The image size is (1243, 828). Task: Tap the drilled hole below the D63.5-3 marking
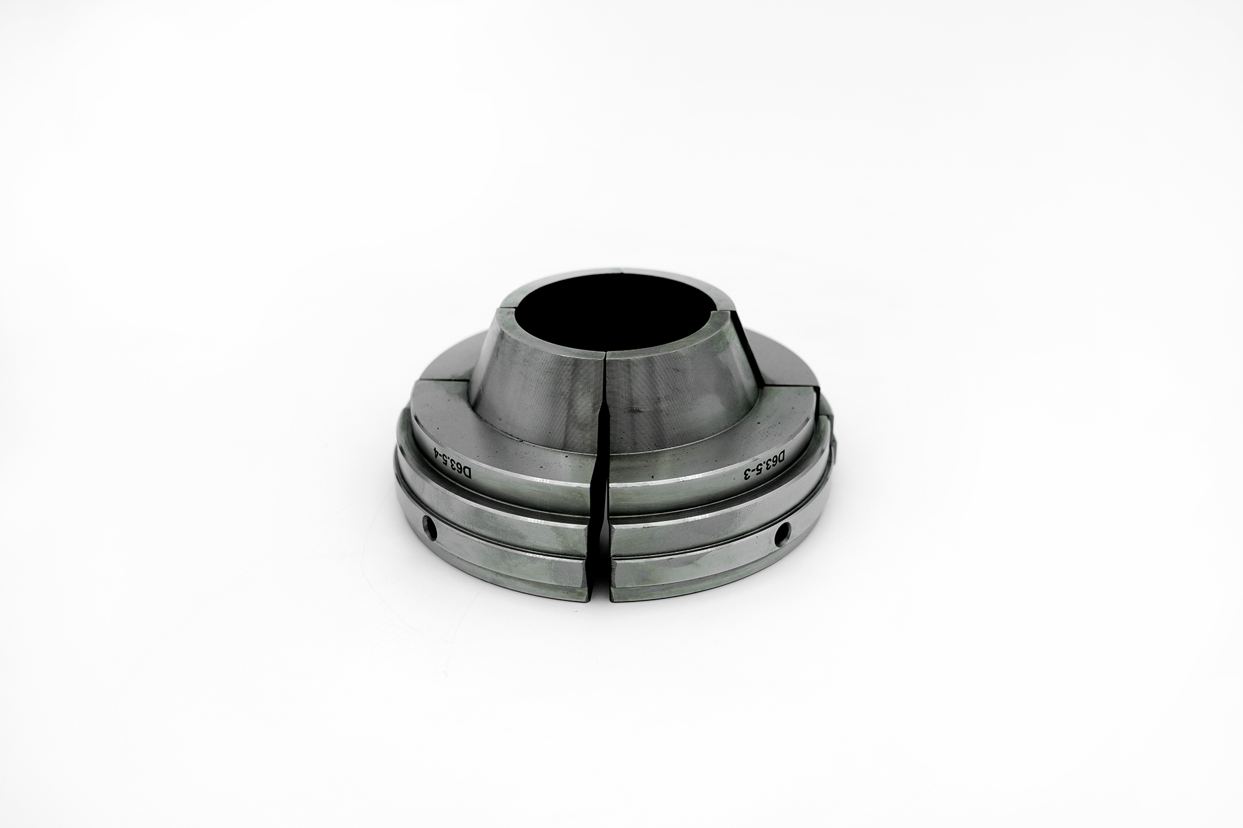tap(782, 533)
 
